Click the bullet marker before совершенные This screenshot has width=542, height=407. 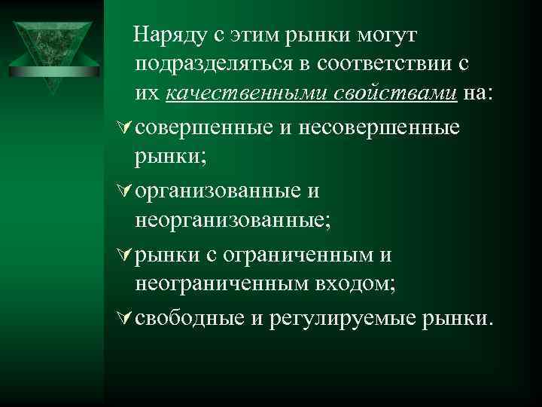(126, 127)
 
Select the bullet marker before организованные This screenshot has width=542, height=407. (126, 191)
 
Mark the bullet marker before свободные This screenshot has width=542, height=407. (126, 317)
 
